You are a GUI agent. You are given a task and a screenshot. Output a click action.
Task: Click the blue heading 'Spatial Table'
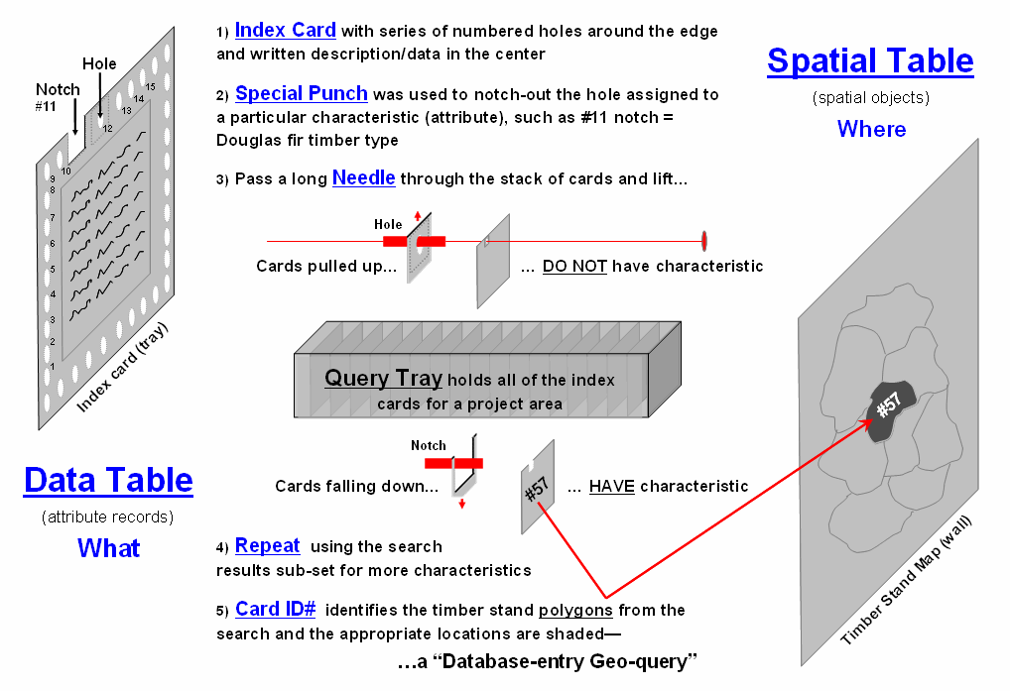pyautogui.click(x=870, y=61)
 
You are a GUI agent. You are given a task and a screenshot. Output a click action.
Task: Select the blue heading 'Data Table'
pyautogui.click(x=108, y=481)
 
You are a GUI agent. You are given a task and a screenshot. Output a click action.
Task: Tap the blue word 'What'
pyautogui.click(x=108, y=548)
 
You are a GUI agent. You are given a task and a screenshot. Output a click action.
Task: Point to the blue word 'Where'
pyautogui.click(x=871, y=129)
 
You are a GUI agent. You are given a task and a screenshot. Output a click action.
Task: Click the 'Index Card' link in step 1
pyautogui.click(x=286, y=31)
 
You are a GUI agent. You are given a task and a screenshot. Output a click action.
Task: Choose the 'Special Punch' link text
pyautogui.click(x=302, y=94)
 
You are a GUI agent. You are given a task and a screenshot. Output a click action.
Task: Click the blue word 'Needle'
pyautogui.click(x=363, y=178)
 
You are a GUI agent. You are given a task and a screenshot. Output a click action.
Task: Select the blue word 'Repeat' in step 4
pyautogui.click(x=267, y=545)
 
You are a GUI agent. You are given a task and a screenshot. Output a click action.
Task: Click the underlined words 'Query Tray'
pyautogui.click(x=383, y=379)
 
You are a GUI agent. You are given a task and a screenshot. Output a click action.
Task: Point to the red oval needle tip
pyautogui.click(x=704, y=240)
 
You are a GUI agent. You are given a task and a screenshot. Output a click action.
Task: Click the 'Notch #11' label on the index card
pyautogui.click(x=58, y=96)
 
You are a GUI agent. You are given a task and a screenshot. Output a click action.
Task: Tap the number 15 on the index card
pyautogui.click(x=150, y=87)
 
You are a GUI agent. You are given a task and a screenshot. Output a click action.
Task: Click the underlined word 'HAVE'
pyautogui.click(x=611, y=486)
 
